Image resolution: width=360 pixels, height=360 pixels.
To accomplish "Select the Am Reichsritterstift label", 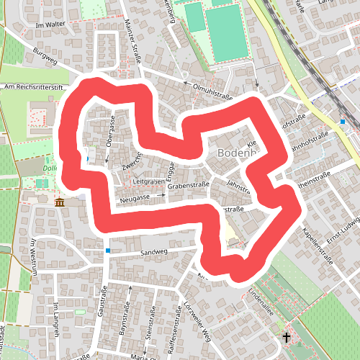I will (x=35, y=87).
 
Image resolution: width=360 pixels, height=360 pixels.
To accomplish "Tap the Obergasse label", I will (x=112, y=130).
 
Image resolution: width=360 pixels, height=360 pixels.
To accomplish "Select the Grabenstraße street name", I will (x=188, y=185).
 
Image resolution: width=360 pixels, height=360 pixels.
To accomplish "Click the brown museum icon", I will (x=59, y=202).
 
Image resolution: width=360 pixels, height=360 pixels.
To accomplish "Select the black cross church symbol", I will (x=286, y=336).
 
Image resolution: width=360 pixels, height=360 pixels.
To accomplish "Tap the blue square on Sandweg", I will (x=107, y=251).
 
